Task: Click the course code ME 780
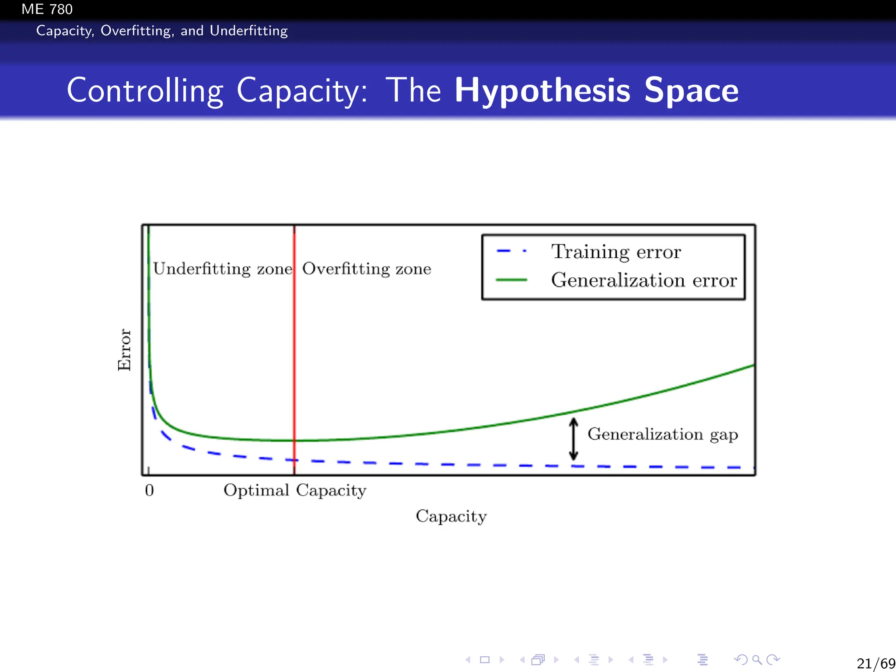point(47,9)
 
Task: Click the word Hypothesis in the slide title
point(542,91)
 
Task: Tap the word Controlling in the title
point(145,91)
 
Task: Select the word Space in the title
point(691,91)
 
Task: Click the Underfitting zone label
point(223,269)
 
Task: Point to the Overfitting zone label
point(367,269)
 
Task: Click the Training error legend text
point(616,252)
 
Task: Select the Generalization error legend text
point(644,280)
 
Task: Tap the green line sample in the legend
point(511,280)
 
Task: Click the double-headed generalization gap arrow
point(574,439)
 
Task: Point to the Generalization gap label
point(662,434)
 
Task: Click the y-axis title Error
point(125,350)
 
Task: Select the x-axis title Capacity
point(451,517)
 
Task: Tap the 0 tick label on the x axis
point(149,490)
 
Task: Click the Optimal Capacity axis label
point(295,490)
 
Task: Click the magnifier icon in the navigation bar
point(757,660)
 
